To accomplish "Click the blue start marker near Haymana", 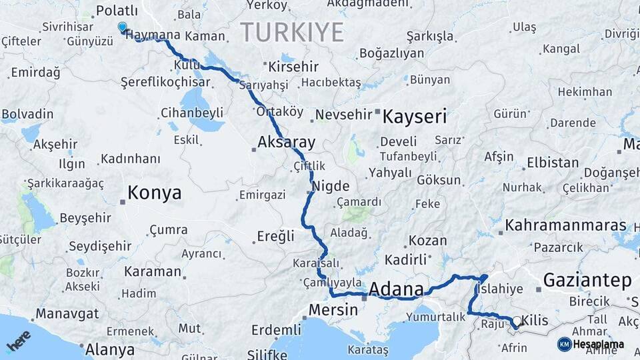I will pos(122,27).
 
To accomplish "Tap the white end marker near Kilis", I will pos(516,321).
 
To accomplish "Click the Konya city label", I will pos(154,193).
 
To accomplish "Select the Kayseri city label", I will pos(414,117).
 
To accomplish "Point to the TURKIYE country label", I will pos(292,32).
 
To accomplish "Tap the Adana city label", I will pos(396,289).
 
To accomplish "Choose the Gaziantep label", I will pos(587,281).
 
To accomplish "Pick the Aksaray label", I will pos(287,142).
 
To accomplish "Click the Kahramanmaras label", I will pos(566,225).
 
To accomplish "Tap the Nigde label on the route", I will pos(331,186).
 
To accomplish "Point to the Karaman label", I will pos(152,271).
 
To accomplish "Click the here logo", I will pos(18,341).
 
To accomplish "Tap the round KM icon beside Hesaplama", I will pos(564,344).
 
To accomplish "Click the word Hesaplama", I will pos(599,344).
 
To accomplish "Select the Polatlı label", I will pos(117,10).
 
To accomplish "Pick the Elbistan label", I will pos(553,163).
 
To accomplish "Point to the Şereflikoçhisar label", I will pos(165,82).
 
